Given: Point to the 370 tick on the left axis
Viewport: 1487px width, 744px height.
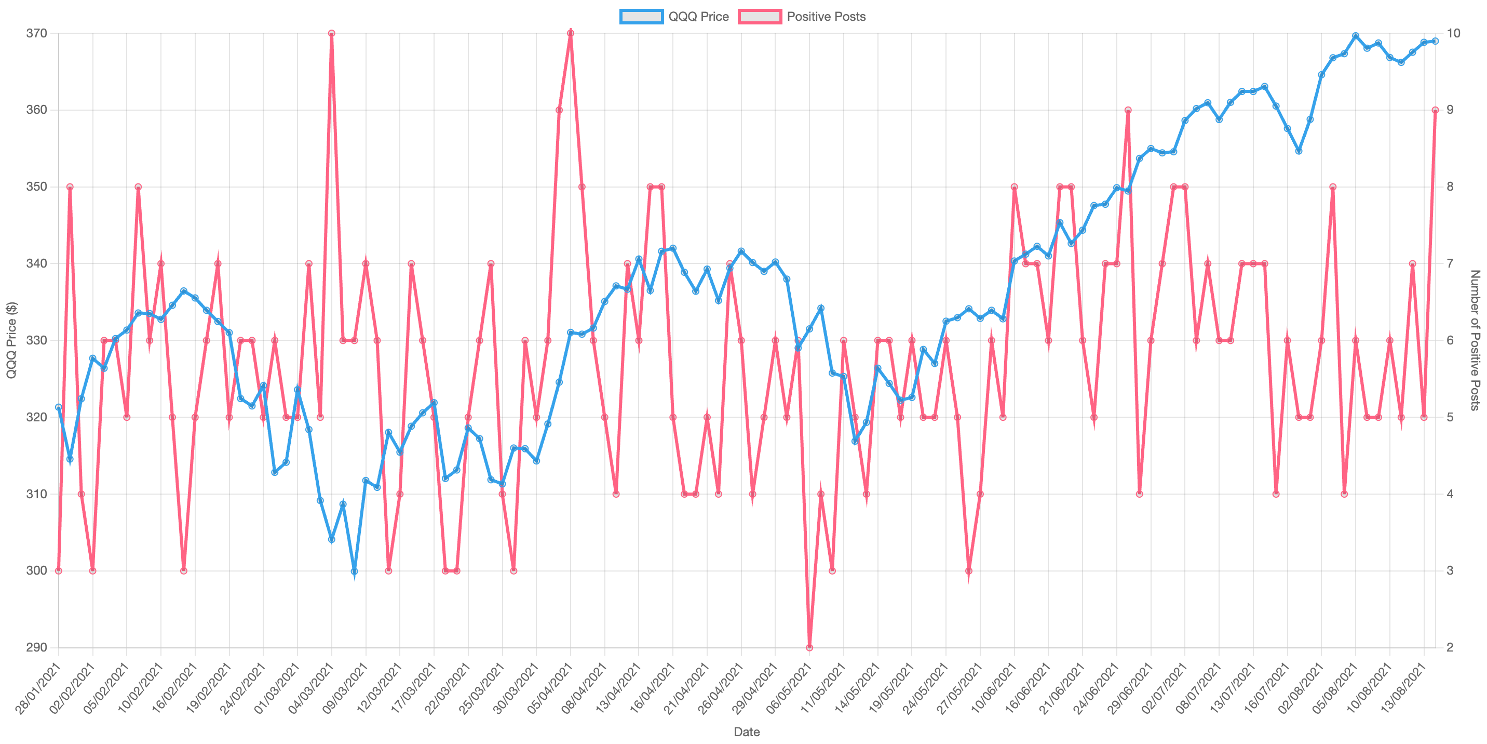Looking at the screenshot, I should (36, 33).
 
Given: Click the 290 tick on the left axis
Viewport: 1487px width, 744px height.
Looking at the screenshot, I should (36, 647).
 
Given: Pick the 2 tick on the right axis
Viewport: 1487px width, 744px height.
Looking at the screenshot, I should (1450, 647).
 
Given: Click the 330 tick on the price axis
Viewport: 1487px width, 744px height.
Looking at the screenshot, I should (36, 340).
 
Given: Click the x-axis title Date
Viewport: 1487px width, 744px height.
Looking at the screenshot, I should (747, 732).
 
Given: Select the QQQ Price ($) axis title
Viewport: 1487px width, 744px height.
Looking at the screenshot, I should (11, 340).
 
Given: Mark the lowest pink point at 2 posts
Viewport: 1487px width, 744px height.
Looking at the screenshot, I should (809, 647).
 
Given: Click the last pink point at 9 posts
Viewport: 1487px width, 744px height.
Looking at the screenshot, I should (1435, 110).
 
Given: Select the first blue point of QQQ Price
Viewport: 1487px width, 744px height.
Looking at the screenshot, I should (58, 407).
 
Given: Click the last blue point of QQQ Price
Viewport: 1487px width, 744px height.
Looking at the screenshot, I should (1435, 41).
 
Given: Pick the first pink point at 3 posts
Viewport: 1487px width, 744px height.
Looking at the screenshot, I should (58, 570).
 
